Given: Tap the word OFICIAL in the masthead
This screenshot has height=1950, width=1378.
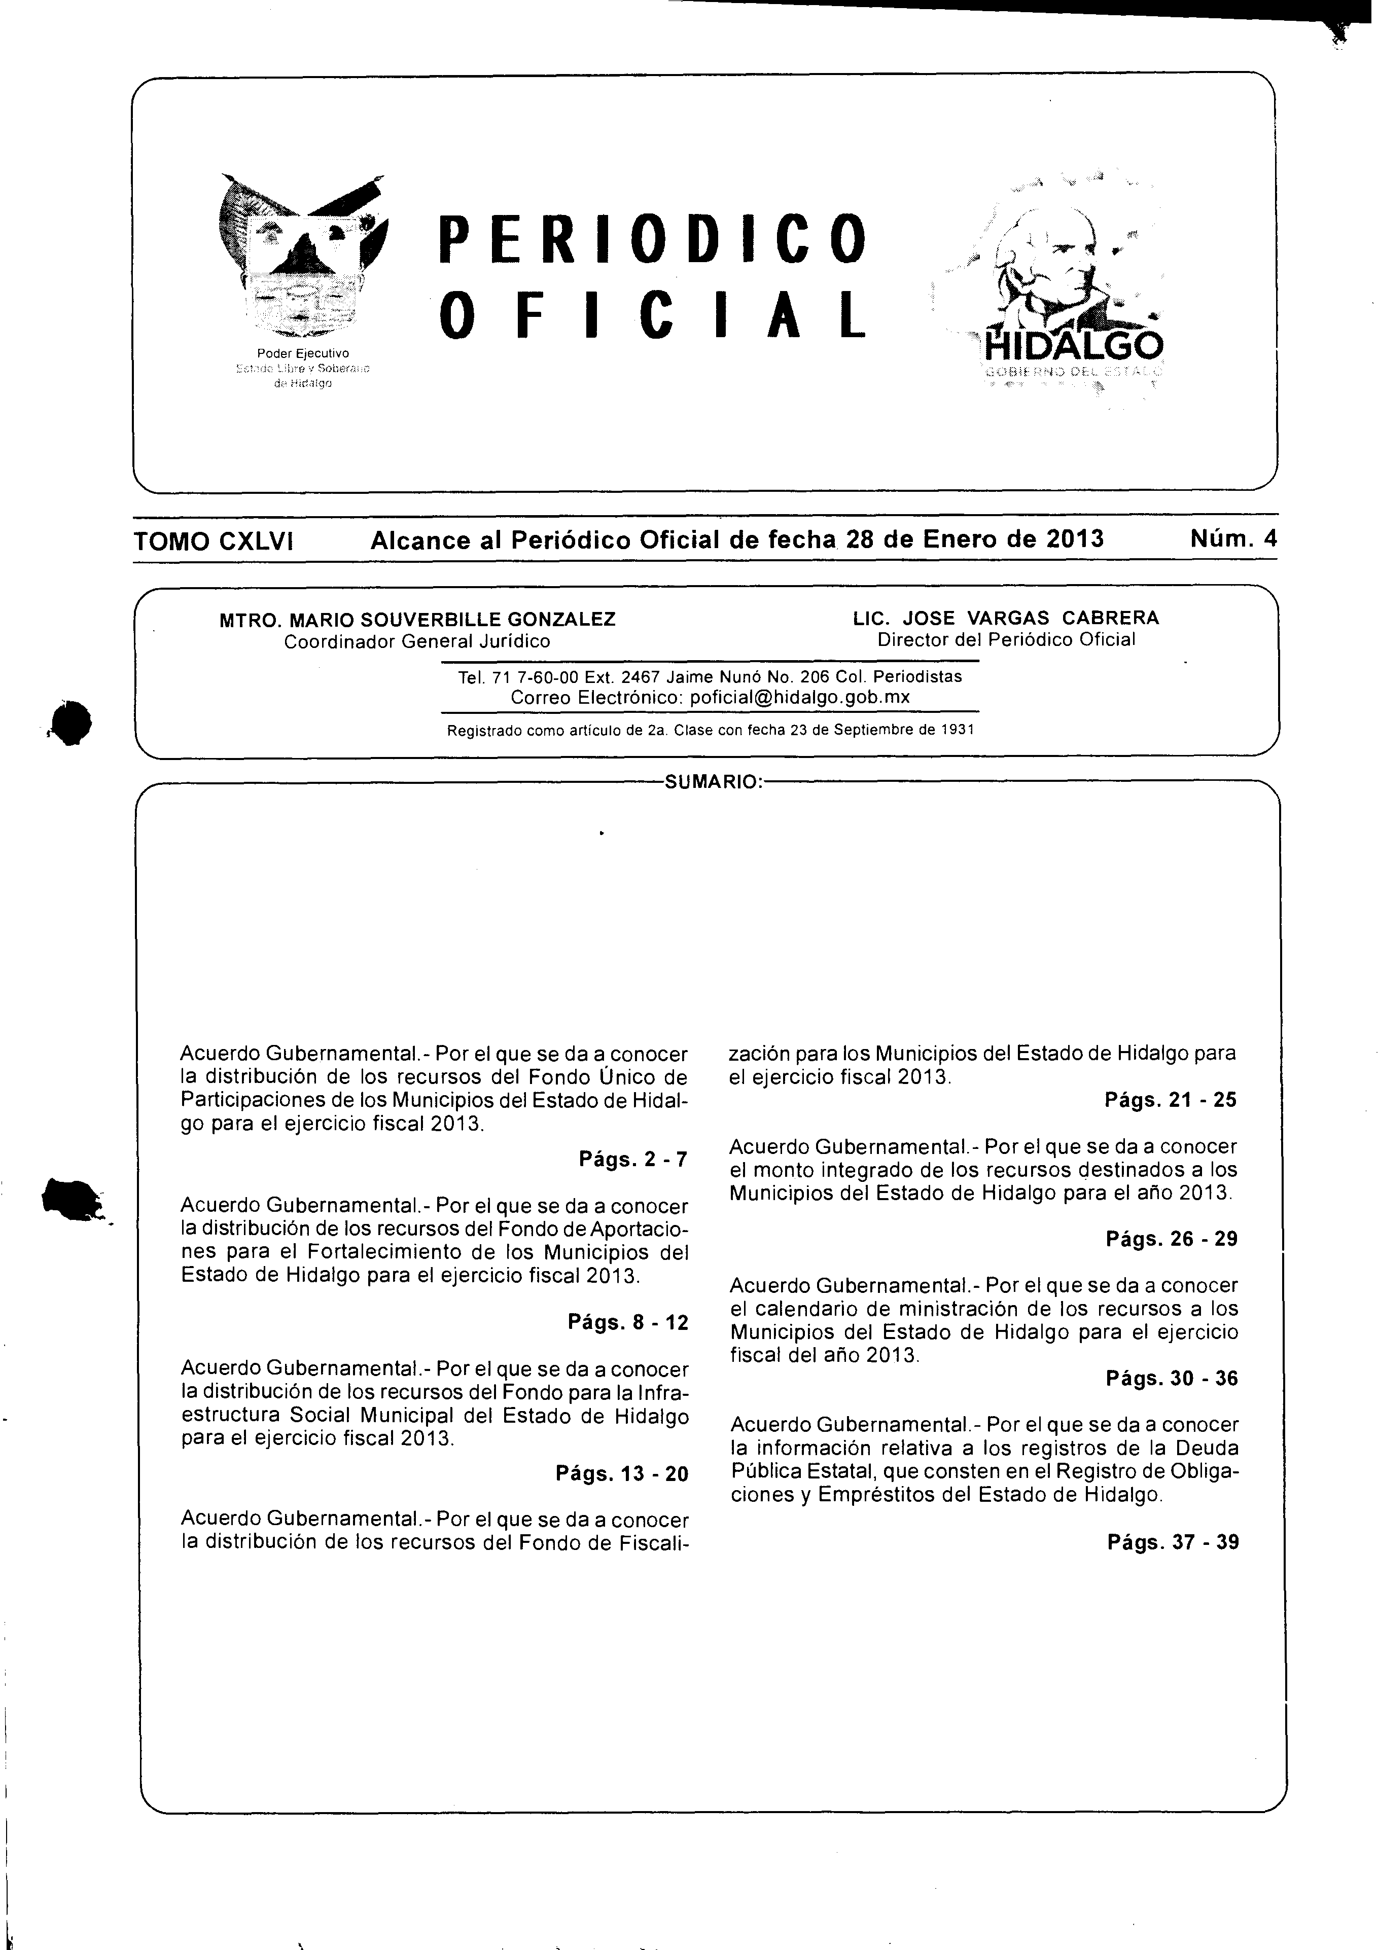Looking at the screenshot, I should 652,315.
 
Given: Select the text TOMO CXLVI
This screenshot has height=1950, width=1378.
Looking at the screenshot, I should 213,541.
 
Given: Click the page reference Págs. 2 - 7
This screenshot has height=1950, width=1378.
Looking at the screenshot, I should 633,1159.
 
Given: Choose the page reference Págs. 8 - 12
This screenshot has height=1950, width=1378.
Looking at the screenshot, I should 628,1322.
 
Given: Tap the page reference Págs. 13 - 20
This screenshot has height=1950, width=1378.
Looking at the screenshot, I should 622,1473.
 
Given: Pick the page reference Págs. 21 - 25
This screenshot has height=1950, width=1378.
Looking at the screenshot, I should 1170,1100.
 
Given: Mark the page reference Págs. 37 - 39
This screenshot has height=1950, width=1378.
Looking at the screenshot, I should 1173,1541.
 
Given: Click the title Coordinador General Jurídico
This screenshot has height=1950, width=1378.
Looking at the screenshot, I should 416,641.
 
